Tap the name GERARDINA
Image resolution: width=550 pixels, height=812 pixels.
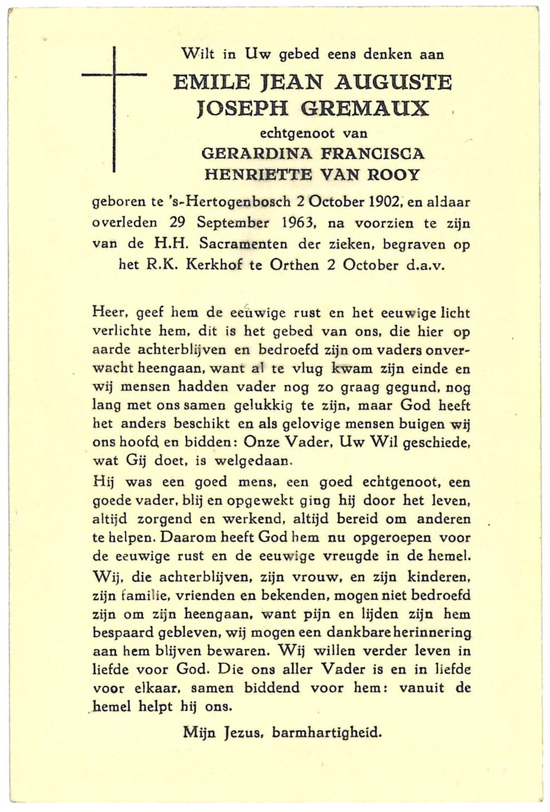tap(257, 153)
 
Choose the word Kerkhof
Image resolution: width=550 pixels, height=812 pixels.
tap(213, 265)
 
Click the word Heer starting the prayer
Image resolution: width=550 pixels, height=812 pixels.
tap(110, 312)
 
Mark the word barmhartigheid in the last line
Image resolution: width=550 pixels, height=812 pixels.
tap(327, 732)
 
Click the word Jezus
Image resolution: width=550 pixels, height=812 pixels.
tap(243, 733)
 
